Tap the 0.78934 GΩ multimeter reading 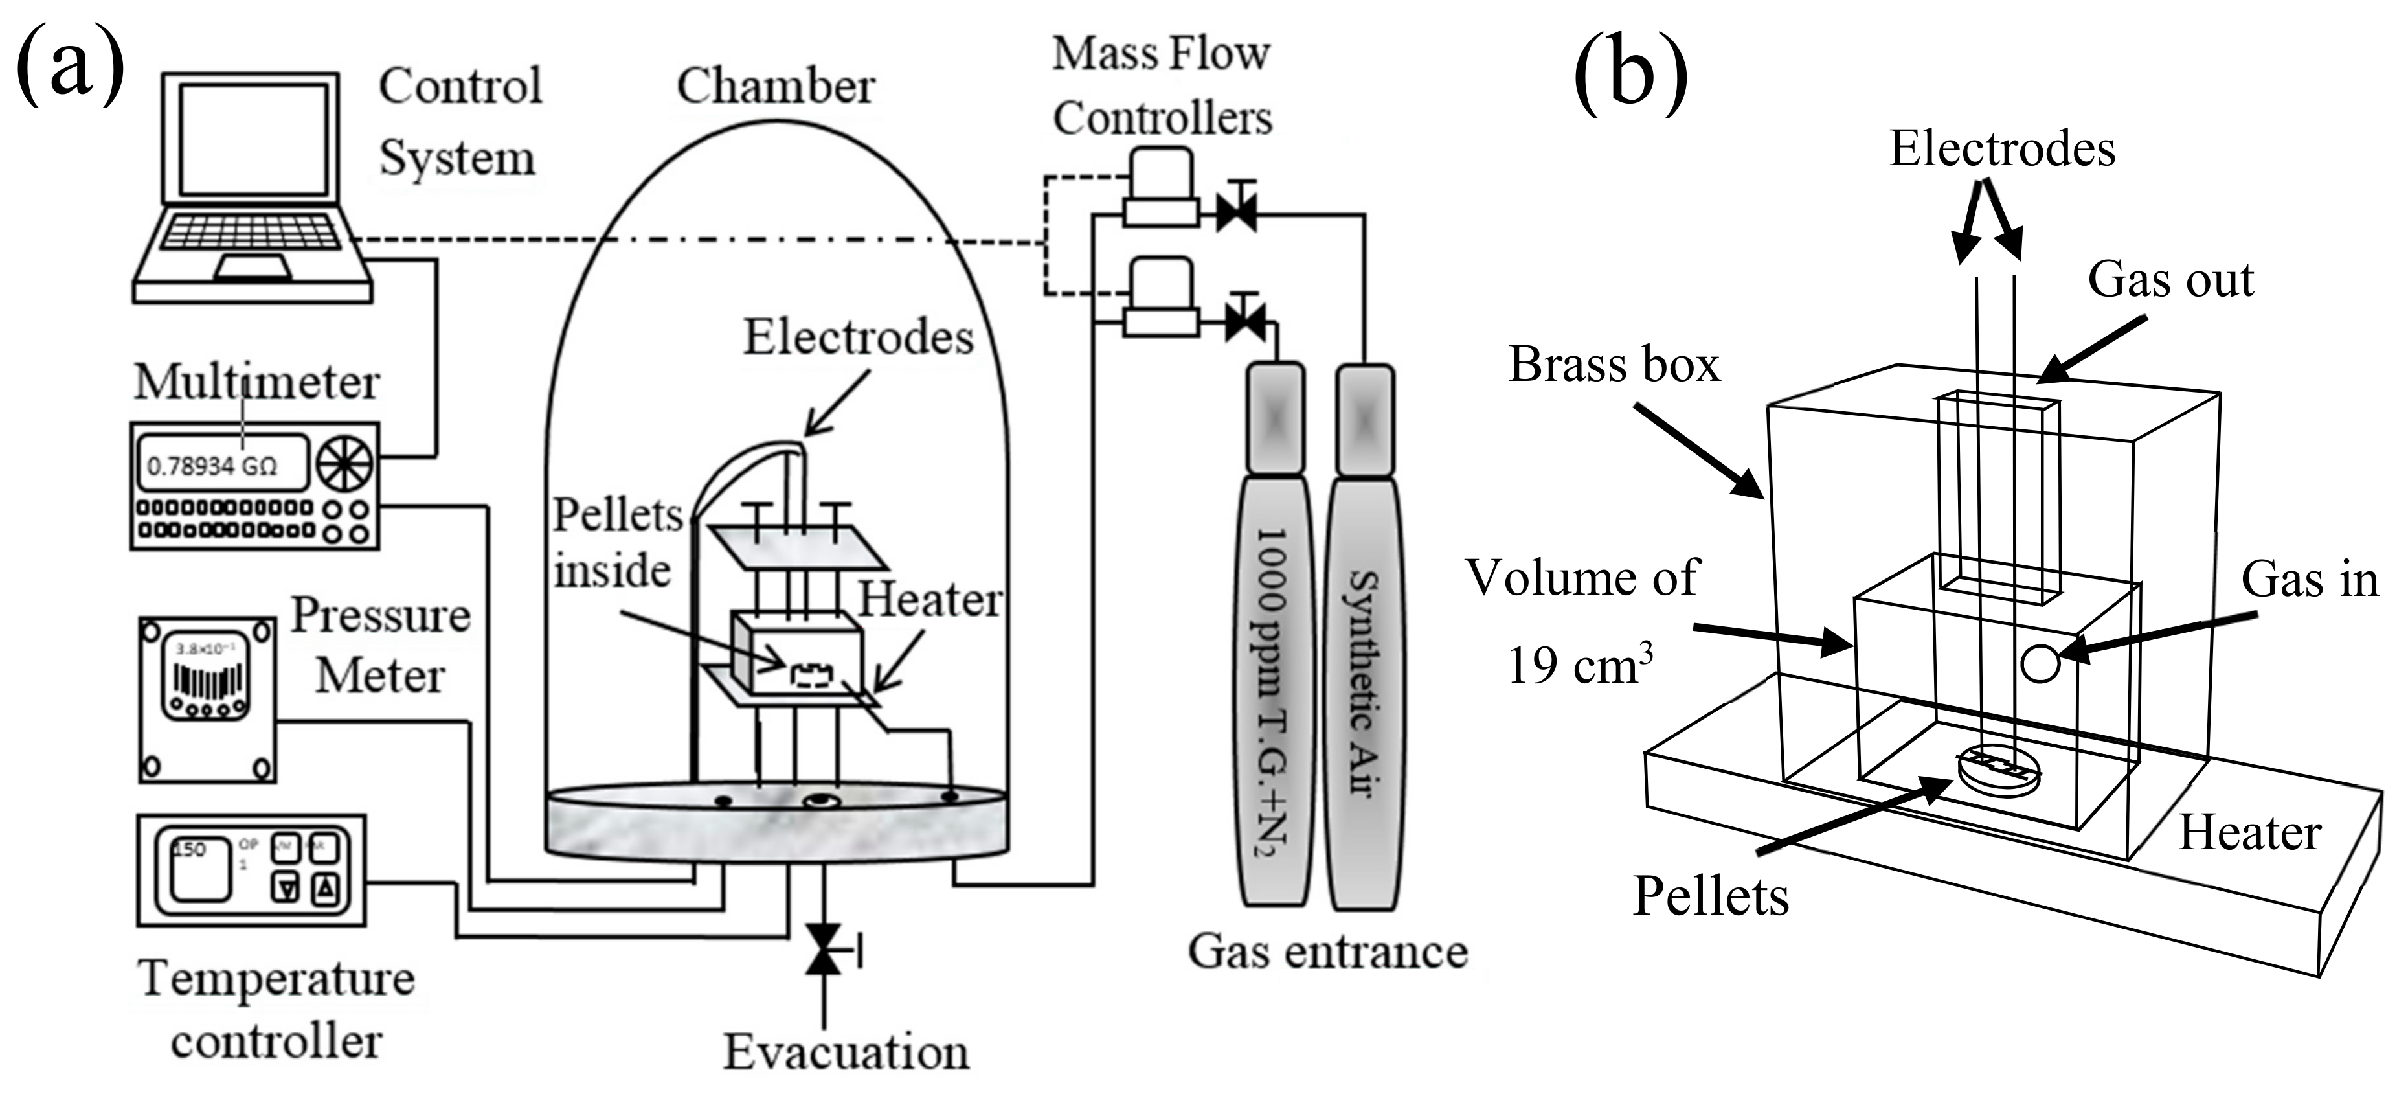click(213, 464)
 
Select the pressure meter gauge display click(207, 676)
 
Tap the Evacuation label click(846, 1052)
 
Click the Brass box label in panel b click(1614, 364)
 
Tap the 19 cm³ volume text click(1579, 667)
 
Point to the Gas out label click(2170, 279)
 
